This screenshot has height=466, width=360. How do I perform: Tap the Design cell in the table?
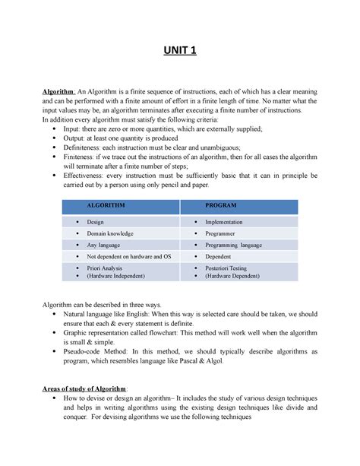click(97, 220)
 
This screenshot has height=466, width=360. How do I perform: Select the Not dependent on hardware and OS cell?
click(129, 257)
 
